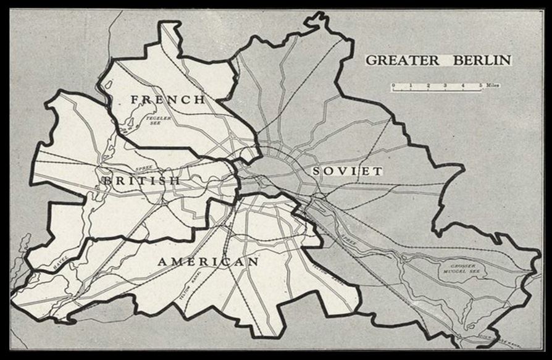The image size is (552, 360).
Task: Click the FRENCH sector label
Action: (x=168, y=99)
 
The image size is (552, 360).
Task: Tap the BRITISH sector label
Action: (x=141, y=180)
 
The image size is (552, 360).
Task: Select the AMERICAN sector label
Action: (x=208, y=262)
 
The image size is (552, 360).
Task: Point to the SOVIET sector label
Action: (x=347, y=171)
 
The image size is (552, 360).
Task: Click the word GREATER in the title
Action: (x=401, y=61)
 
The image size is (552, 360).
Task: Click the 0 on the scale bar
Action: (x=393, y=85)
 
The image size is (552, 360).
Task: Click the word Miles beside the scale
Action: (x=492, y=85)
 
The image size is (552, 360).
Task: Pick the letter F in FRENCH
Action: (x=134, y=99)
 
